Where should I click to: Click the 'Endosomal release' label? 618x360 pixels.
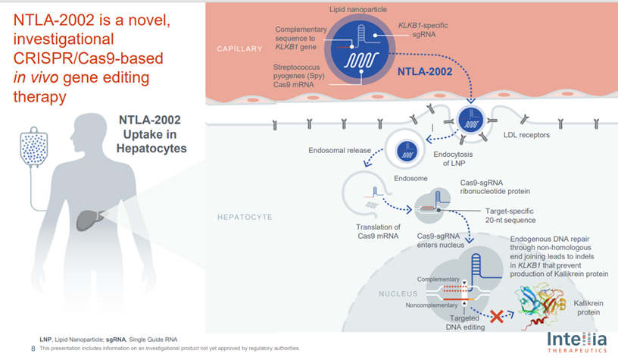[x=339, y=150]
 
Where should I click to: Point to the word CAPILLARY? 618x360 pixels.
[x=239, y=49]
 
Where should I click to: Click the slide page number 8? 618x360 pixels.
[x=33, y=349]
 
